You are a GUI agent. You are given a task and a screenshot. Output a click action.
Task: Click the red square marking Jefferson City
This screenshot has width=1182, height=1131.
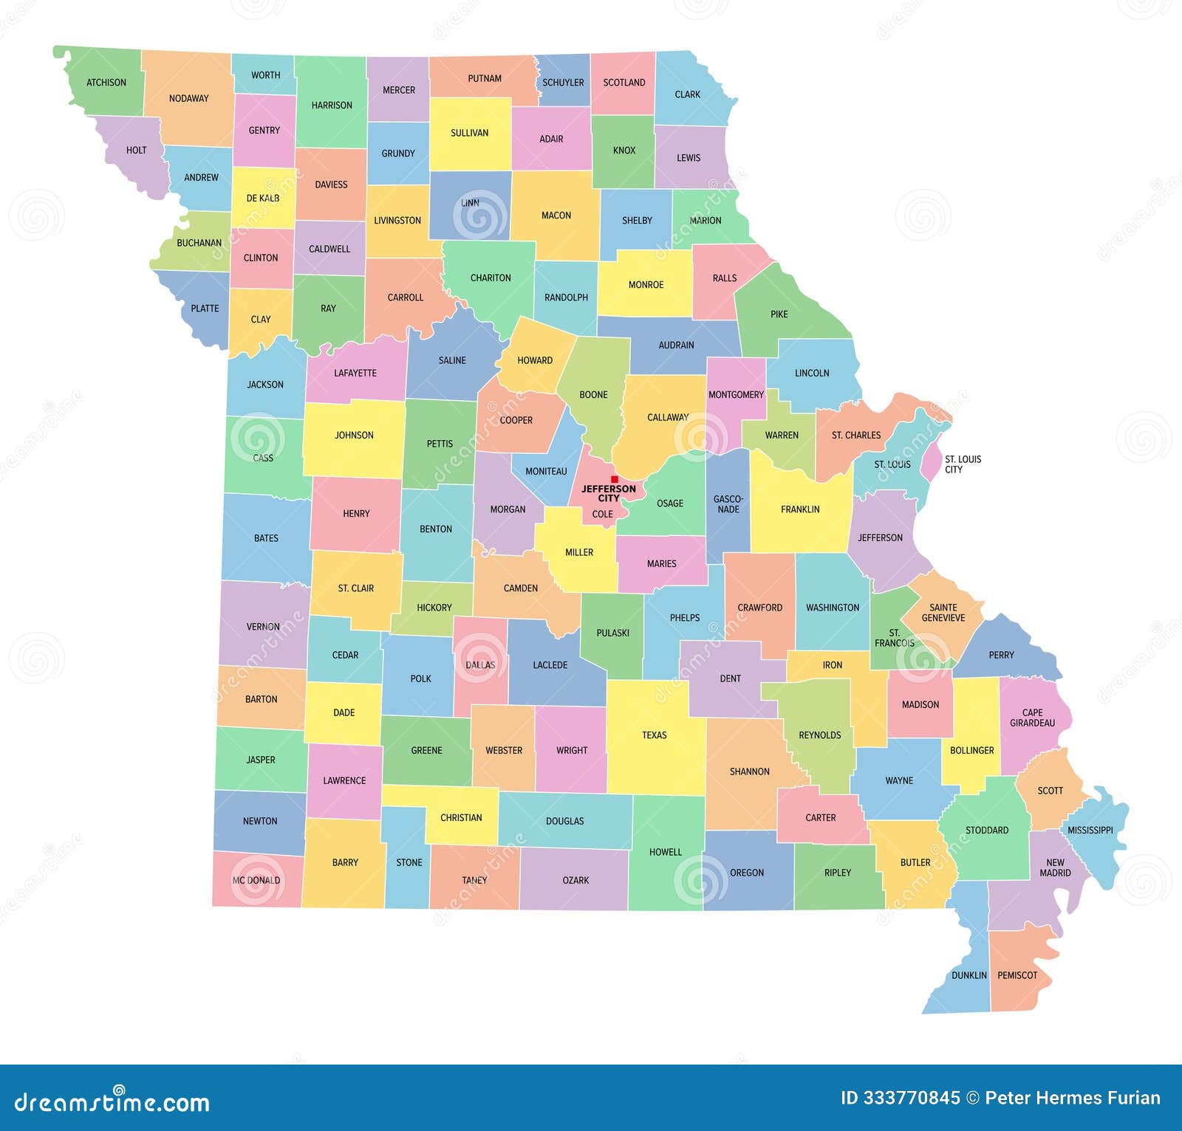615,479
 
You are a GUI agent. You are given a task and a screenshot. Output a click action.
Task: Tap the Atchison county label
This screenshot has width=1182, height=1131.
106,83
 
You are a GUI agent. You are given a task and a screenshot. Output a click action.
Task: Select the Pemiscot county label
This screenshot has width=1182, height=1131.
1017,975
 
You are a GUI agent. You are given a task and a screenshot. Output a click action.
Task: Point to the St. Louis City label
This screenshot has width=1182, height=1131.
963,464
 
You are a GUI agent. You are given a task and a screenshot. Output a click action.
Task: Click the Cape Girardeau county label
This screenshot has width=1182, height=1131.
1032,718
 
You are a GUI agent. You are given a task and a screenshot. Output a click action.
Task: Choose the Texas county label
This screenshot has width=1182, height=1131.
654,735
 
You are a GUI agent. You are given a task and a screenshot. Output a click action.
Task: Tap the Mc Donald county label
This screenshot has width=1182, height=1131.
256,880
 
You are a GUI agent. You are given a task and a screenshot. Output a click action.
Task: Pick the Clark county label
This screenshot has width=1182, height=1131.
687,94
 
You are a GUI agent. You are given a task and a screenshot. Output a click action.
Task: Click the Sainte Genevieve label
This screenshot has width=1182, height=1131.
943,613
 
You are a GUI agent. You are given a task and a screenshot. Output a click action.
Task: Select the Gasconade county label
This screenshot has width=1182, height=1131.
728,504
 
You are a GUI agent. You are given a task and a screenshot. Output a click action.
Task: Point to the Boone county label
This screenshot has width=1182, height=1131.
593,395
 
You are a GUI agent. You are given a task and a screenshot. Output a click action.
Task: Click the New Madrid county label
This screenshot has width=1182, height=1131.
1055,867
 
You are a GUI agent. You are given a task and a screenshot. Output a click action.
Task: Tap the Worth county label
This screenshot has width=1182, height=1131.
265,75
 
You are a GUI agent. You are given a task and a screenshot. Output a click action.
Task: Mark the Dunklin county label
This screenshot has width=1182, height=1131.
969,975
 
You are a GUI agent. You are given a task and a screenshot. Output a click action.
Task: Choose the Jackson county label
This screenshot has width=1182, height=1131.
265,385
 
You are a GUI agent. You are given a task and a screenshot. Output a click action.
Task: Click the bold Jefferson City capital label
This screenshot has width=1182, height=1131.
609,493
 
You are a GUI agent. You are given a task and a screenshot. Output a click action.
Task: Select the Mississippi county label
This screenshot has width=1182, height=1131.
1090,831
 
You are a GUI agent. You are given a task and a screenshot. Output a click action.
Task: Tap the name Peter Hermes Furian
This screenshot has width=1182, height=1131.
1073,1099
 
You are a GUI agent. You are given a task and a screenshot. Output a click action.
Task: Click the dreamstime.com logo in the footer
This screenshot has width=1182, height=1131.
112,1101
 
